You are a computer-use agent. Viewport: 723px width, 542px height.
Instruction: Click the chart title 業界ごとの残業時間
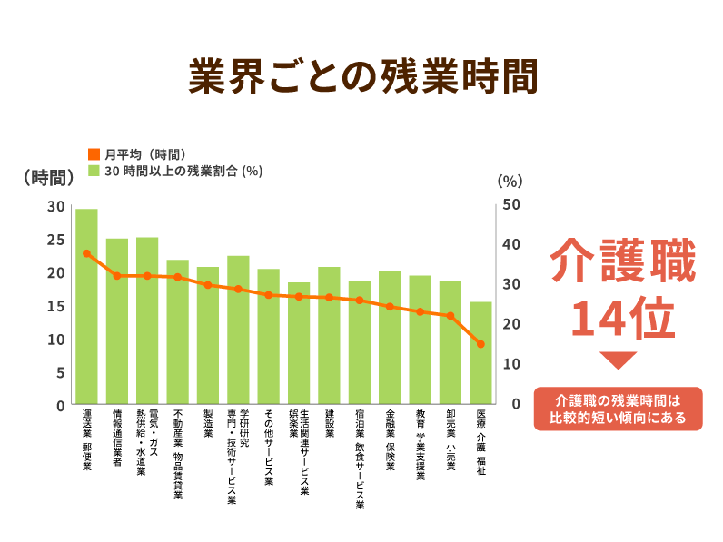[x=361, y=77]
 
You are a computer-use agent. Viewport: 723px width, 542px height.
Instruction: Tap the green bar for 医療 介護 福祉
[x=480, y=354]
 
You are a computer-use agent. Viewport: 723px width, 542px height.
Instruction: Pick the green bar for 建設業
[x=329, y=336]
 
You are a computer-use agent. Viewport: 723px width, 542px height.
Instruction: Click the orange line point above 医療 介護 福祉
[x=480, y=344]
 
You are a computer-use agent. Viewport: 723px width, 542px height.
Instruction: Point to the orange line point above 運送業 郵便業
[x=86, y=253]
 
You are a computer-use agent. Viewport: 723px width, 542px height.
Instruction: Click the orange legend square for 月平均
[x=94, y=153]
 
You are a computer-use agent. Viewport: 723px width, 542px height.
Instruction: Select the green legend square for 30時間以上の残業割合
[x=94, y=170]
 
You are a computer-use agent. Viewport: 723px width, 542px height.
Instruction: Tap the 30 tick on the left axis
[x=56, y=206]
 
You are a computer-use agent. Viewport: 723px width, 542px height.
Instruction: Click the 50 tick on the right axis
[x=511, y=204]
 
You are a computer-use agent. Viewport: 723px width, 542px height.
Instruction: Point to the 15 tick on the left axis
[x=56, y=306]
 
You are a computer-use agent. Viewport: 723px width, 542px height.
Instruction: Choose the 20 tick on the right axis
[x=511, y=324]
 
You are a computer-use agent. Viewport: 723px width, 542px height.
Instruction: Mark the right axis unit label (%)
[x=510, y=180]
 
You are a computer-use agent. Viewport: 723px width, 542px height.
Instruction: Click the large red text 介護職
[x=623, y=261]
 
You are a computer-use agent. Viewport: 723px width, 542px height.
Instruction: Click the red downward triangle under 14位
[x=619, y=361]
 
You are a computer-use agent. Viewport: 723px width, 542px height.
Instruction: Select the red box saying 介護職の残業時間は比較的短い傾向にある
[x=619, y=409]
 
